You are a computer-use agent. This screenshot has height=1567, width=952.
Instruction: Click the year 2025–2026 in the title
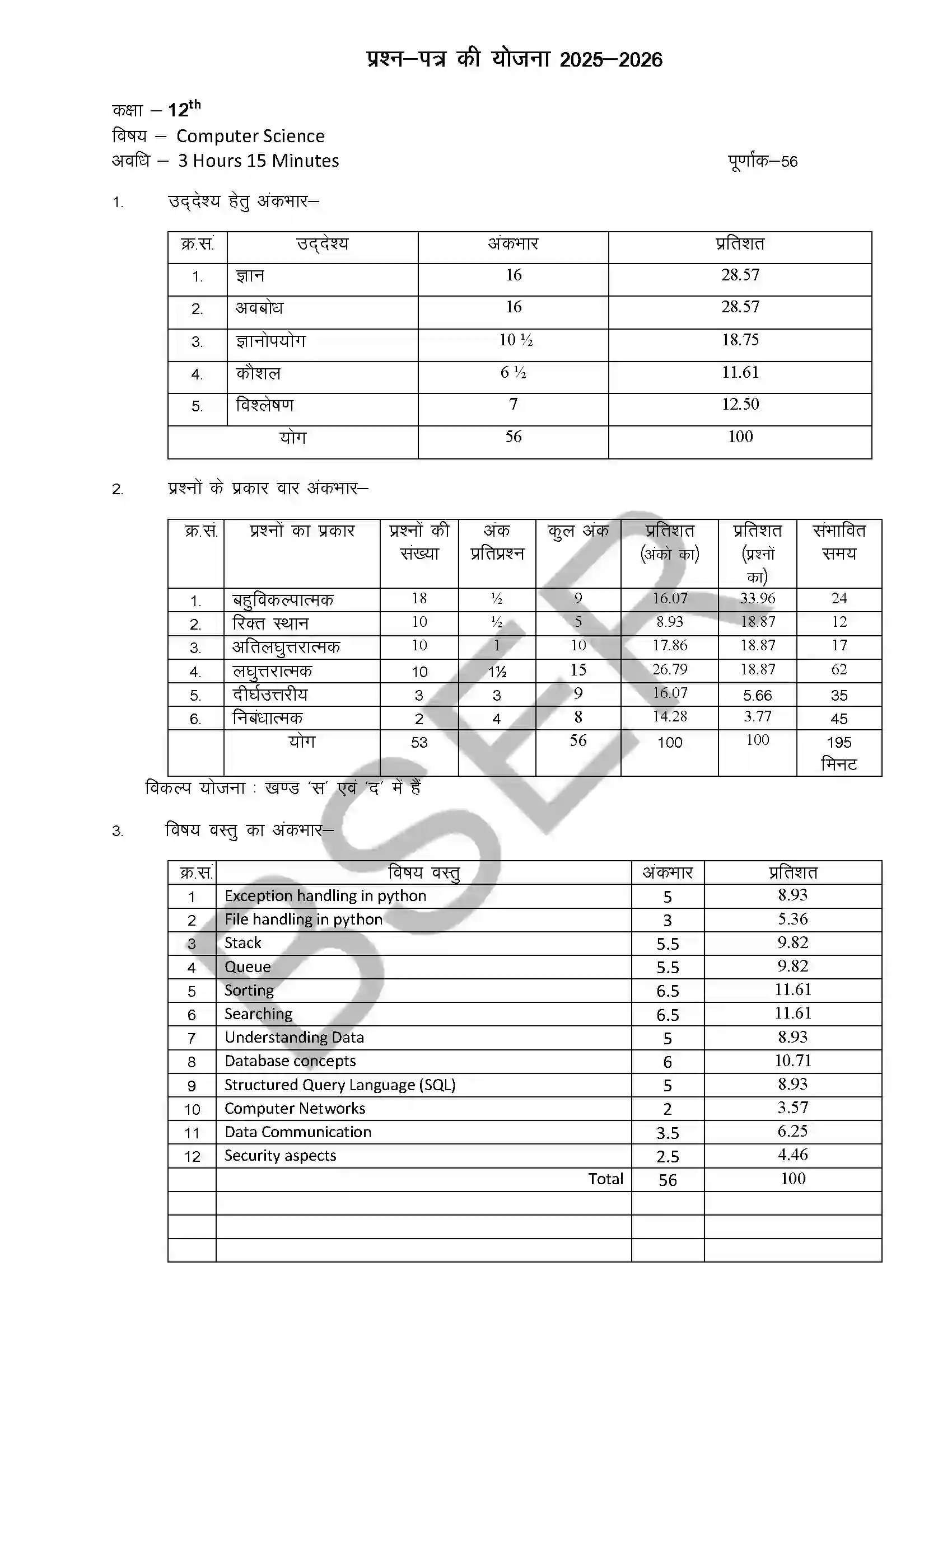click(611, 60)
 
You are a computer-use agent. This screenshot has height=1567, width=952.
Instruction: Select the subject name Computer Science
click(250, 136)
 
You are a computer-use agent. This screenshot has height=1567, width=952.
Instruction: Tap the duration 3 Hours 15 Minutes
click(258, 161)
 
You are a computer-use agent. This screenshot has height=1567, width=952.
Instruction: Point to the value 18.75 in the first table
click(740, 340)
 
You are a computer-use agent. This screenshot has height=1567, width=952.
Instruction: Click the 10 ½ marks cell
click(515, 340)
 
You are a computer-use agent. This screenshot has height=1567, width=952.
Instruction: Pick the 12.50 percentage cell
click(740, 405)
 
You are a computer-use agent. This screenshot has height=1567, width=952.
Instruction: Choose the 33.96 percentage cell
click(757, 598)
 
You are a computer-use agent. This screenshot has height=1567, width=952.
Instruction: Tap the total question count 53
click(419, 742)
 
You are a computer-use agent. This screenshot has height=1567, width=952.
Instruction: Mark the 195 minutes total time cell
click(839, 752)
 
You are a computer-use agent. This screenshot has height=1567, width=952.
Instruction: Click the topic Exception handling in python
click(325, 896)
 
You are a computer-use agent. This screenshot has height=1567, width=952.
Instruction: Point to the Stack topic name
click(242, 943)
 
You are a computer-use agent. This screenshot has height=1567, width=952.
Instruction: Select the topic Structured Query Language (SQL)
click(340, 1085)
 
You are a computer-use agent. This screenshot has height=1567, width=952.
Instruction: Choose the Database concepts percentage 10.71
click(792, 1061)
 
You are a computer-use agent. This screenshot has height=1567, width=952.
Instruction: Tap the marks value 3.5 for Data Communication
click(668, 1133)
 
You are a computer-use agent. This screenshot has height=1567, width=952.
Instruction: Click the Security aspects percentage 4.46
click(792, 1155)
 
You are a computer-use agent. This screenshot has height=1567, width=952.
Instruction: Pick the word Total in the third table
click(605, 1179)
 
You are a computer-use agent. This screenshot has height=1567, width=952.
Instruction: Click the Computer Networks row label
click(295, 1109)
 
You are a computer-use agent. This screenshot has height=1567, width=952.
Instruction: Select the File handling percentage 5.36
click(792, 919)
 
